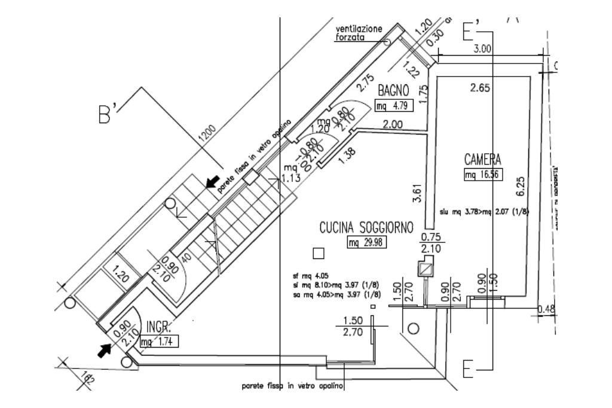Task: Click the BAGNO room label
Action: coord(393,91)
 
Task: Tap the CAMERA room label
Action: coord(482,160)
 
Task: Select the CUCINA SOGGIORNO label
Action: coord(366,228)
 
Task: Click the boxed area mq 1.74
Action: coord(159,342)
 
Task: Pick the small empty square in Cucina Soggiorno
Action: coord(319,253)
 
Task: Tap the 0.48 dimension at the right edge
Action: coord(545,309)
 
